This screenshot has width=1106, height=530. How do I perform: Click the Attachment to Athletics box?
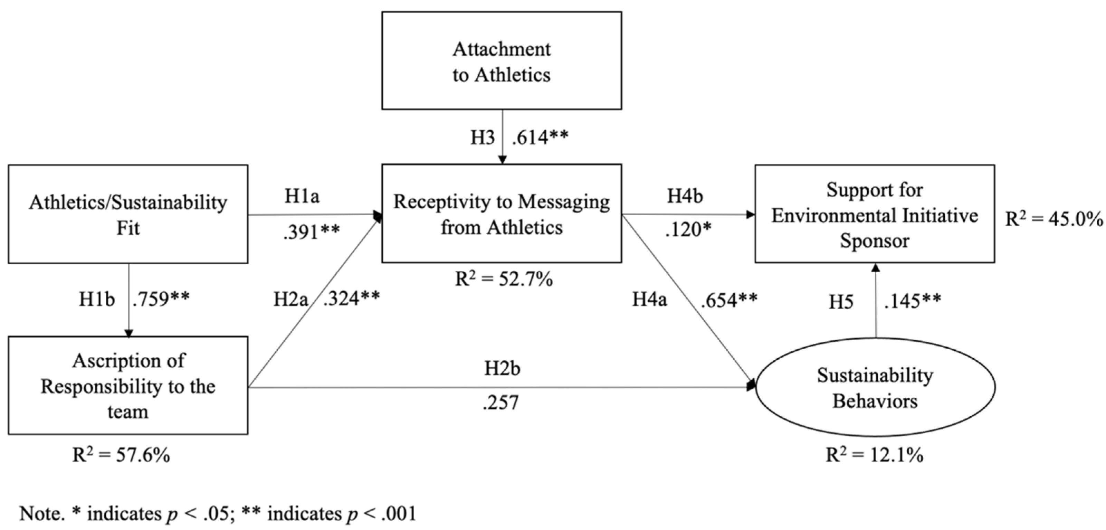(x=502, y=60)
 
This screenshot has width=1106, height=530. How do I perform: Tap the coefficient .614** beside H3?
(x=540, y=138)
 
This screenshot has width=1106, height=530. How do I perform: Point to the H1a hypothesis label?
(x=302, y=196)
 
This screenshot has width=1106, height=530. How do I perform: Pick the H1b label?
(x=97, y=299)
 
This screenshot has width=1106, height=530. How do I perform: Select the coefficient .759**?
(x=161, y=299)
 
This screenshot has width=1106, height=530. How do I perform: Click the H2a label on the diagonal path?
(x=291, y=299)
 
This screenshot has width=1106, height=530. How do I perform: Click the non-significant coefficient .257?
(x=500, y=403)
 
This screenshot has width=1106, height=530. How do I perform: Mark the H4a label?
(x=649, y=299)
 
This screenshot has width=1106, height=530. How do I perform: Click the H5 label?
(x=841, y=302)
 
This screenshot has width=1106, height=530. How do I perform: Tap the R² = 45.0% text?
(x=1054, y=219)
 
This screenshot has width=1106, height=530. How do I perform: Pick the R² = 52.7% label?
(x=504, y=280)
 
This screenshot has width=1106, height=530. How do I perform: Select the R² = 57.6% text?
(x=121, y=455)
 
